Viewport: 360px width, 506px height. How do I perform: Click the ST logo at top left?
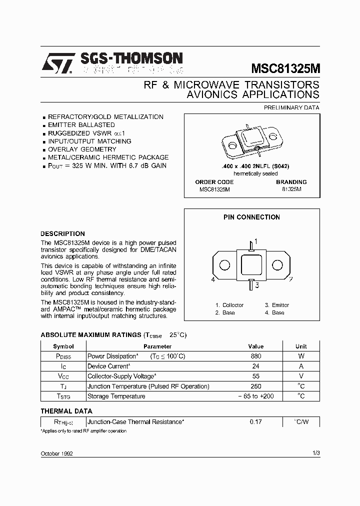[57, 63]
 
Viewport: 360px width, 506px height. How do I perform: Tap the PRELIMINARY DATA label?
[291, 107]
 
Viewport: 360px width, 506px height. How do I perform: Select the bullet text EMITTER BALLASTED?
[81, 125]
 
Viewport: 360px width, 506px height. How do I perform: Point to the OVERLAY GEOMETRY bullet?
[82, 149]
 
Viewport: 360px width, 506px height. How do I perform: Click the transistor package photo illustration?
[252, 138]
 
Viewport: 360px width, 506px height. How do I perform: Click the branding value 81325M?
[291, 189]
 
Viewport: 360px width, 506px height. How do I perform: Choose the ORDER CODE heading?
[214, 182]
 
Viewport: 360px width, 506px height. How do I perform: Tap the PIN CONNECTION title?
[251, 217]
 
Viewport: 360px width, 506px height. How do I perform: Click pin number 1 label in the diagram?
[256, 242]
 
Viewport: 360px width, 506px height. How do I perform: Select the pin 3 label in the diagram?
[256, 285]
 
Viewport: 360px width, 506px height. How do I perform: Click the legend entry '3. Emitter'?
[277, 305]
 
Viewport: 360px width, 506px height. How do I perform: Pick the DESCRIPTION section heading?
[62, 233]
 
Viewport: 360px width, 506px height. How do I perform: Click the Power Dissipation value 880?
[255, 356]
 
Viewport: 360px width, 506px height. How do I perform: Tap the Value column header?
[255, 346]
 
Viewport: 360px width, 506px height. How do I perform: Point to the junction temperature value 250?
[255, 386]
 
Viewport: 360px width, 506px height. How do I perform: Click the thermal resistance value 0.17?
[255, 422]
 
